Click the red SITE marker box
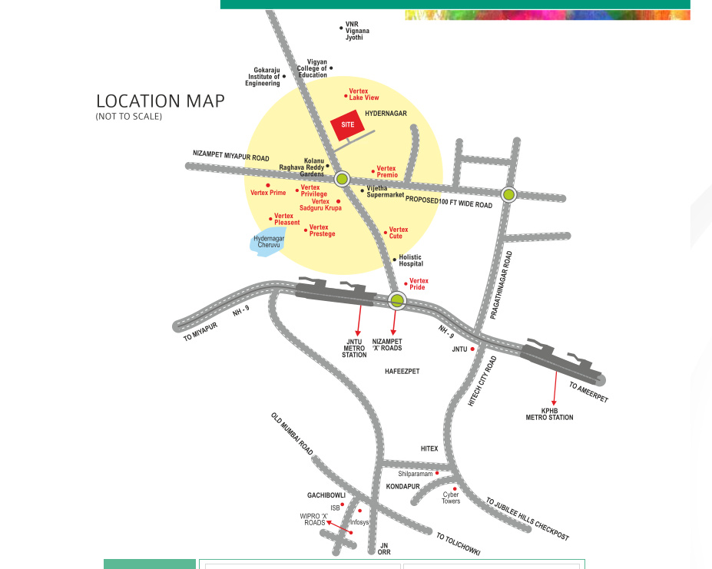point(347,125)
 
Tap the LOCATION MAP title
point(160,101)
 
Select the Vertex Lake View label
point(364,94)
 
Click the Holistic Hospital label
point(411,260)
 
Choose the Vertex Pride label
point(418,284)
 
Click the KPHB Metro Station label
point(549,414)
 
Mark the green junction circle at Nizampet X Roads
point(397,299)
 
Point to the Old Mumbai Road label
point(292,434)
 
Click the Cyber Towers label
point(451,498)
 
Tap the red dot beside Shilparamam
point(437,473)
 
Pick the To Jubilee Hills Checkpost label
point(527,519)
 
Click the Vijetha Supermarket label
point(385,192)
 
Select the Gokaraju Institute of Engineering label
point(263,77)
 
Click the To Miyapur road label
point(200,331)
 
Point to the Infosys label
point(359,522)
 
